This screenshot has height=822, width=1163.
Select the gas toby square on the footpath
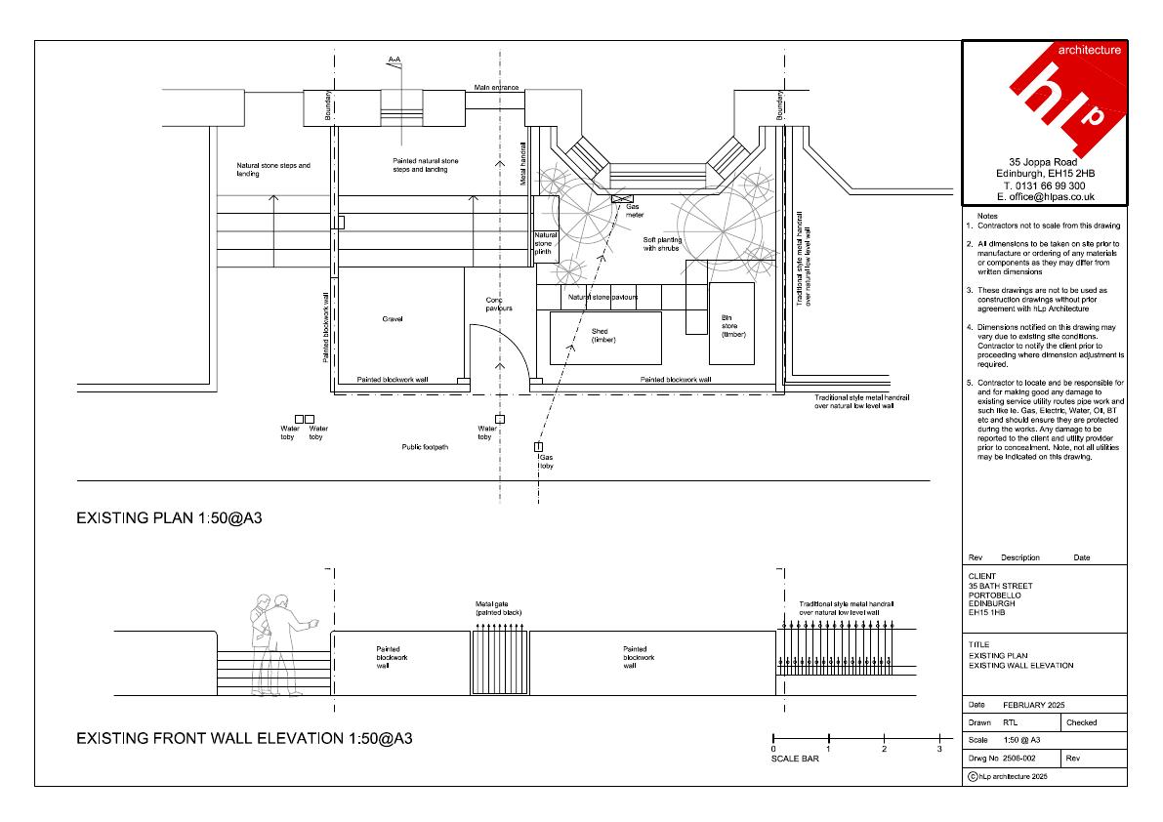(538, 447)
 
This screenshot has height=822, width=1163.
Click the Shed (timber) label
(603, 336)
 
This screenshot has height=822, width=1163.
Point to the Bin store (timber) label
(732, 326)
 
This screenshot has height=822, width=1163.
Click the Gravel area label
(393, 318)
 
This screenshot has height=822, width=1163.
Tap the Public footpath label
(425, 447)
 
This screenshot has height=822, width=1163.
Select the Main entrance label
(496, 88)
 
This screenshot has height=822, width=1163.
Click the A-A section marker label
(395, 60)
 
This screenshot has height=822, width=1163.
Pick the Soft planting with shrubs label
(662, 244)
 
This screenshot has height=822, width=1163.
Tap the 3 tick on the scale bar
(939, 739)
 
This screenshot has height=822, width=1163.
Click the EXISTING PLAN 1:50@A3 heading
(169, 518)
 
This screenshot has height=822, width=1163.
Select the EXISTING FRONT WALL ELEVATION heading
(244, 738)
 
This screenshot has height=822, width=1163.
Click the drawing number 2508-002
(1019, 759)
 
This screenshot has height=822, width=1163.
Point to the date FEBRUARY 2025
(1033, 705)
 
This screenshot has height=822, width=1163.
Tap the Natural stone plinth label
(545, 243)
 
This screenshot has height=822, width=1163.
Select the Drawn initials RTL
(1011, 722)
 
